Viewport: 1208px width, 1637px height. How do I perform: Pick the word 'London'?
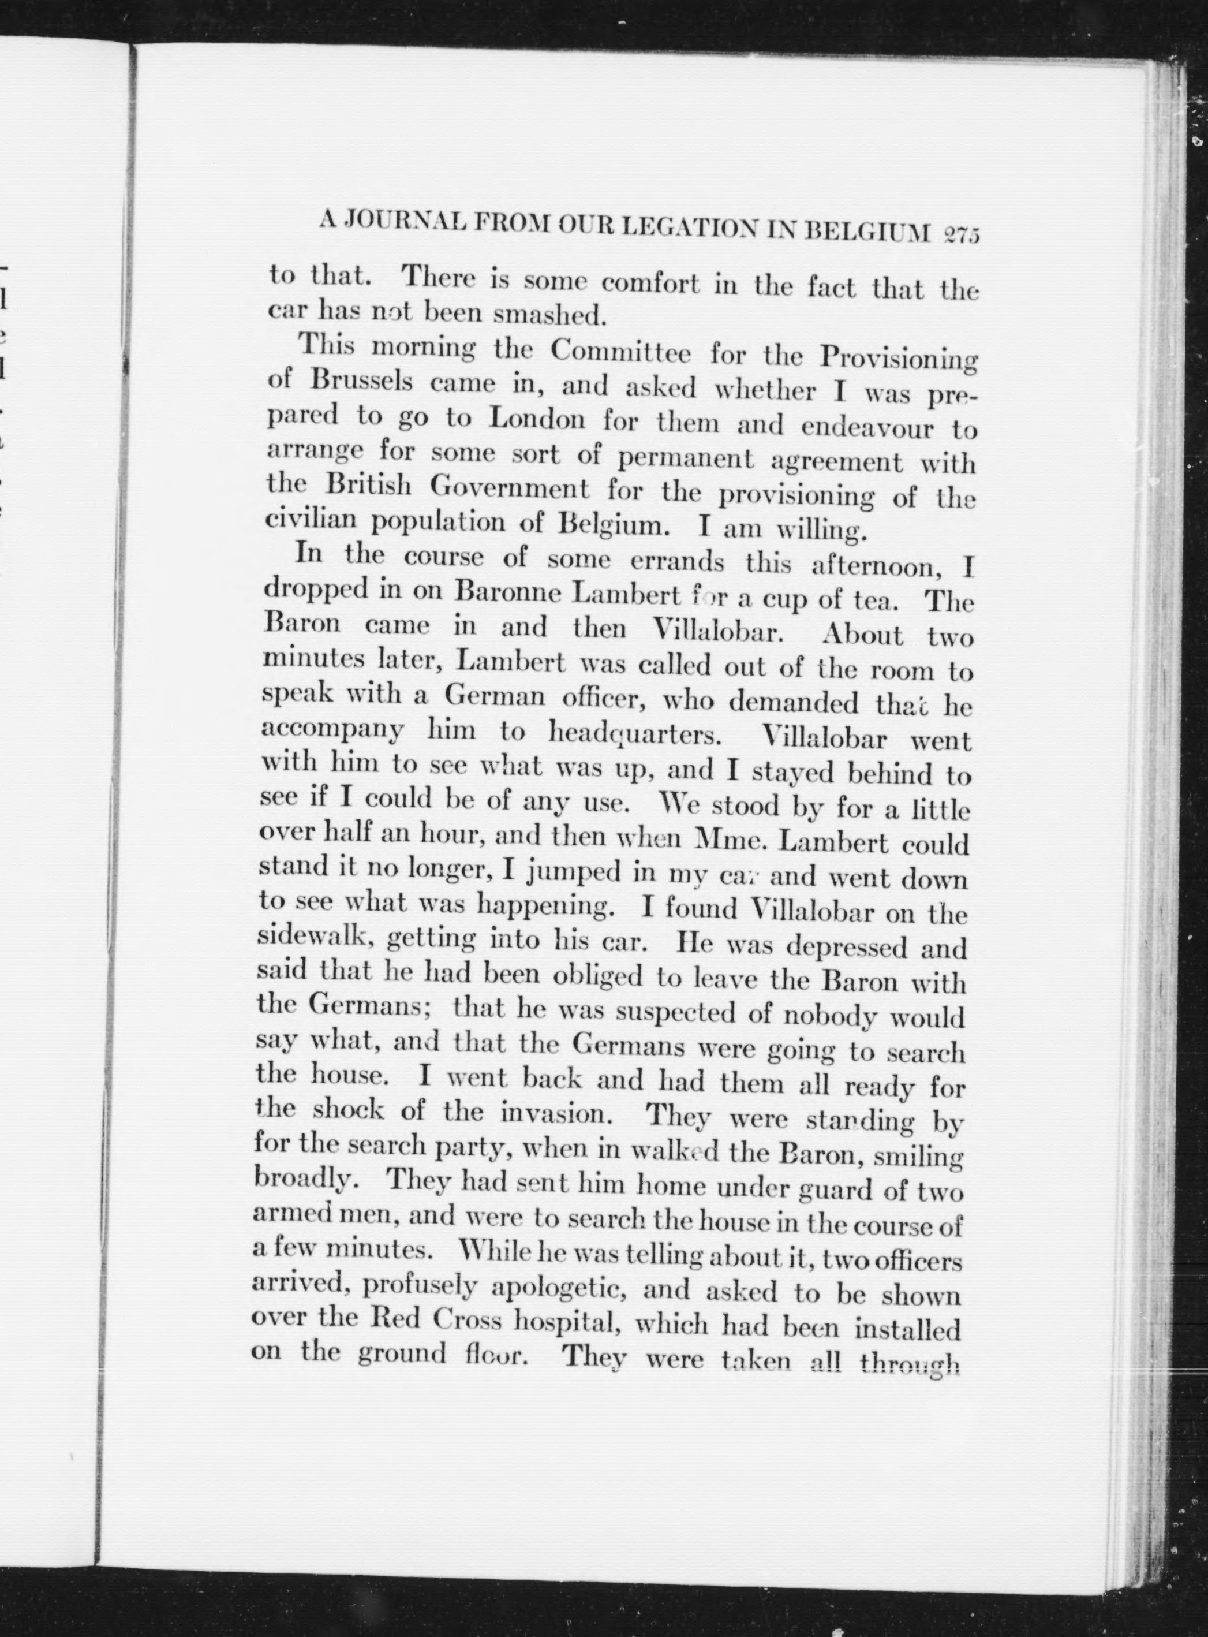click(x=536, y=419)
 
